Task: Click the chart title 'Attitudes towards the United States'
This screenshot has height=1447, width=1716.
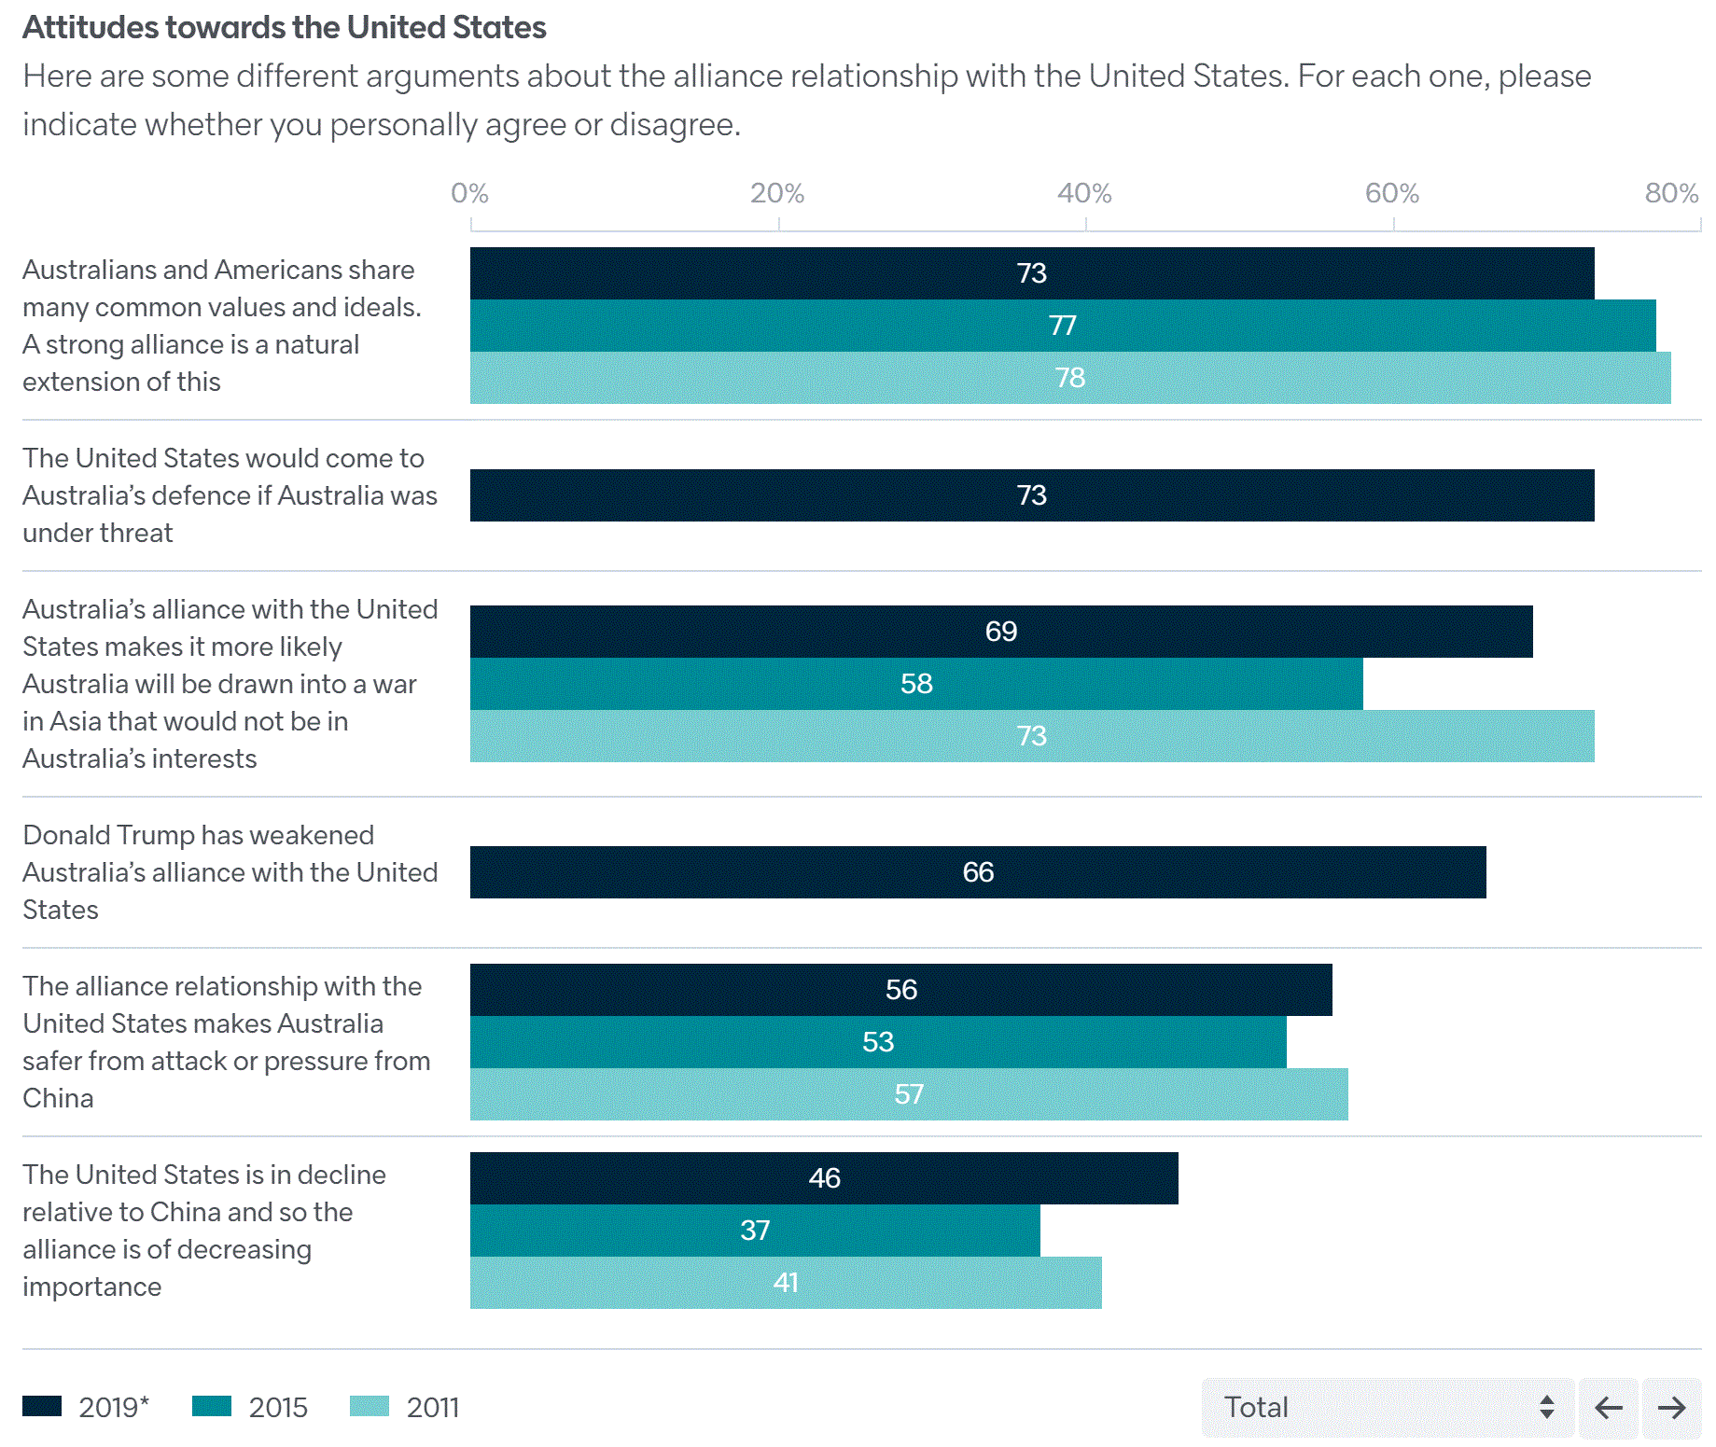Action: click(285, 28)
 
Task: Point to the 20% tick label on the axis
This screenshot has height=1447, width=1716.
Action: click(777, 193)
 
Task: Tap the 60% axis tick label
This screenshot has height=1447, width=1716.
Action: click(1391, 193)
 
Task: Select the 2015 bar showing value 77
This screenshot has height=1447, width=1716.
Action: click(1063, 326)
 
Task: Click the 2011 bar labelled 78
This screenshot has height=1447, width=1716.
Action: click(1069, 378)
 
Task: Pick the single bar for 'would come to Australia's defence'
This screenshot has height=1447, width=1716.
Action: click(1031, 495)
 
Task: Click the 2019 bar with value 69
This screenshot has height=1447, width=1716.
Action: click(1000, 632)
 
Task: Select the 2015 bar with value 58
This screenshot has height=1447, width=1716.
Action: click(915, 684)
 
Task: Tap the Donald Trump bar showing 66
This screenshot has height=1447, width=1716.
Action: click(977, 872)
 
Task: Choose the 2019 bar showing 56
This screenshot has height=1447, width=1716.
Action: click(900, 990)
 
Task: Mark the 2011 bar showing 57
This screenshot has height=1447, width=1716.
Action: click(908, 1094)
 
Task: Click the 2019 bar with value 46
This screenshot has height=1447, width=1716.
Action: click(823, 1178)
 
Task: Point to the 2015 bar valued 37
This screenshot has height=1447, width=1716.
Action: click(754, 1231)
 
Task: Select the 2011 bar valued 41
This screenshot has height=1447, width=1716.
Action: click(785, 1283)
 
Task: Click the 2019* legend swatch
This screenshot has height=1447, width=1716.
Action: click(43, 1406)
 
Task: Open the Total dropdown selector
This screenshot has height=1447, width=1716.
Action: click(1387, 1407)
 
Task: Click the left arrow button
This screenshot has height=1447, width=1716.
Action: click(1608, 1407)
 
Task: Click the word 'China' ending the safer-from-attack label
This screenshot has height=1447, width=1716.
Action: click(58, 1098)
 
